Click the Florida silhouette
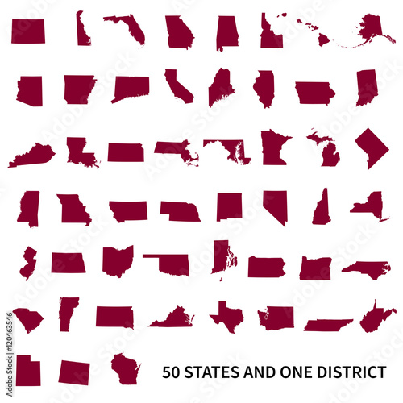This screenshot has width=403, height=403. (125, 27)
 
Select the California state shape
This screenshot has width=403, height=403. (178, 86)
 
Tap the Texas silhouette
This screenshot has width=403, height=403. (226, 316)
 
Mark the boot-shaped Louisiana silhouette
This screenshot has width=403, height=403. (81, 152)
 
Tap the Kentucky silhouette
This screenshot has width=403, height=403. (32, 155)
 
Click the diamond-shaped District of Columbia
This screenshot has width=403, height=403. (372, 147)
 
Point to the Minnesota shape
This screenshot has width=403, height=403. (274, 147)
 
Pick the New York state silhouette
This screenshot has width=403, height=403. (370, 205)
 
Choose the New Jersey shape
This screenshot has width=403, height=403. (28, 263)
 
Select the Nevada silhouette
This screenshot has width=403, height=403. (276, 206)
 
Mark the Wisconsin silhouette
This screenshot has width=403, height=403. (125, 368)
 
